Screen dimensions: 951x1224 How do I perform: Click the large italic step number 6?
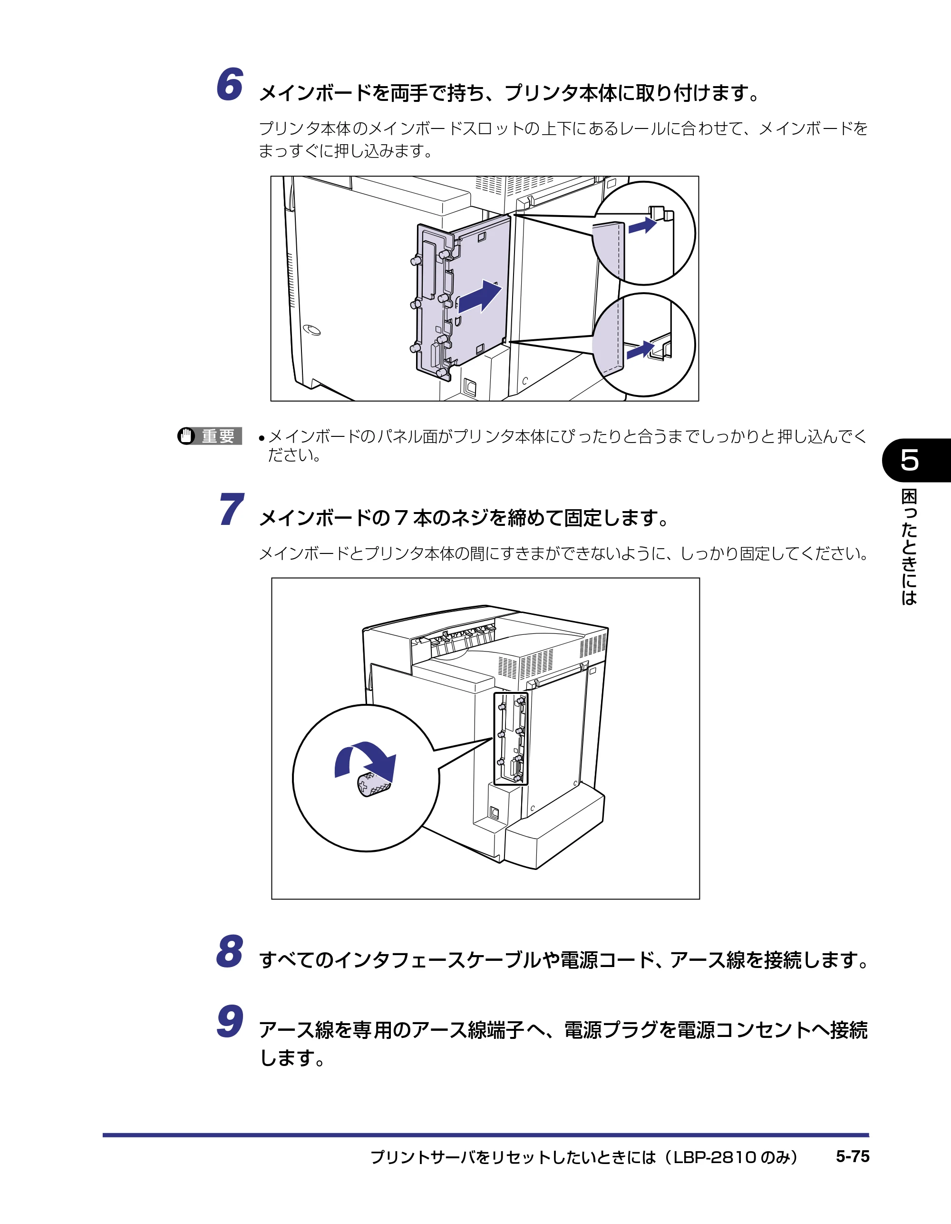tap(230, 85)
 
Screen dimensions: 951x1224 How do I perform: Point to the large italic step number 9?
tap(230, 1021)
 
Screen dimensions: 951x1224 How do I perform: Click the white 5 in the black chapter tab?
tap(910, 460)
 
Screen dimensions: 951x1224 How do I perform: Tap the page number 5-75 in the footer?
tap(853, 1157)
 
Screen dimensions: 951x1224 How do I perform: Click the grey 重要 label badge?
tap(218, 436)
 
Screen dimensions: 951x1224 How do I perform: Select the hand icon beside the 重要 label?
tap(186, 436)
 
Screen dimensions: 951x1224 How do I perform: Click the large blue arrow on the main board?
tap(479, 297)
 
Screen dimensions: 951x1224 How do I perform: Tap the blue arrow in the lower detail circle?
tap(640, 350)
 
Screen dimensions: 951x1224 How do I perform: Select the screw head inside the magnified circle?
tap(374, 785)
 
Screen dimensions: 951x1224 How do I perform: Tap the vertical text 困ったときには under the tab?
tap(909, 547)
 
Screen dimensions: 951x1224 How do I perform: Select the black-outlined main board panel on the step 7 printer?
tap(511, 738)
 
